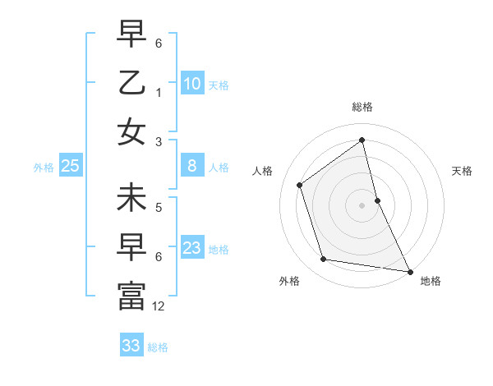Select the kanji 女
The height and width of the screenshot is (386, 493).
[x=131, y=131]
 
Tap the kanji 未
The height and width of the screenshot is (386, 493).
[x=131, y=200]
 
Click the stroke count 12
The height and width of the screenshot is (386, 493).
[x=159, y=306]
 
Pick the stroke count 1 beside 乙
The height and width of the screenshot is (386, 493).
[x=159, y=91]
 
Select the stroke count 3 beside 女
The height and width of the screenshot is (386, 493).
[x=159, y=142]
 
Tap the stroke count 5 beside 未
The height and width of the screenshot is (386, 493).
[x=159, y=208]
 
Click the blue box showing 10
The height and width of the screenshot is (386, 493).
[x=192, y=84]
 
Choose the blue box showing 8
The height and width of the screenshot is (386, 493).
[x=192, y=166]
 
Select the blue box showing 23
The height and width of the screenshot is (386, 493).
[x=192, y=248]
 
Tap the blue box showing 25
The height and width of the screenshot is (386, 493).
[x=71, y=166]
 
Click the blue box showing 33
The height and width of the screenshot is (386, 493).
[x=131, y=346]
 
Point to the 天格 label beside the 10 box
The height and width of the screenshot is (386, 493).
[x=219, y=85]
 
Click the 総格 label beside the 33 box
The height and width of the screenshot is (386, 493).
[x=158, y=347]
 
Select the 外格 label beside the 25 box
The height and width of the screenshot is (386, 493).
[x=44, y=168]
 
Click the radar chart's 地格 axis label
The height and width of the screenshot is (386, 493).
[x=431, y=281]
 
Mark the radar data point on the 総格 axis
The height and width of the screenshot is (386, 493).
[x=362, y=140]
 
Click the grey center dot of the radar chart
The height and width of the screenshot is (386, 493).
[x=362, y=204]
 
